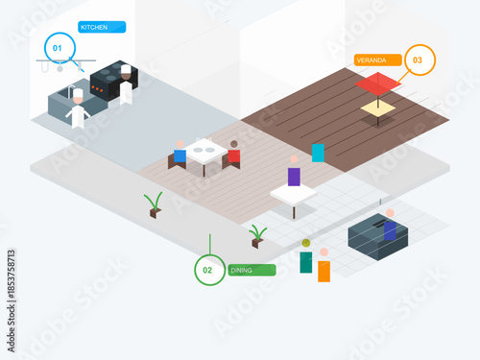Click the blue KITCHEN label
coord(102,28)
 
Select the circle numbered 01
coord(57,47)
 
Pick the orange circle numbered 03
coord(418,60)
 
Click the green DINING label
coord(252,271)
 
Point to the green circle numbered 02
coord(208,271)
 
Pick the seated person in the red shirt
coord(233,154)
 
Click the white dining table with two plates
coord(205,152)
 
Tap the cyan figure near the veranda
coord(318,152)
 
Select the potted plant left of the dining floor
coord(154,204)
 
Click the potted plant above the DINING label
coord(257,235)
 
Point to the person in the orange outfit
coord(324,266)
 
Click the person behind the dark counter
coord(390,225)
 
